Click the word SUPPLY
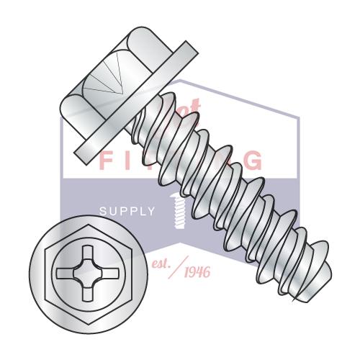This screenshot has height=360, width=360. coord(127,211)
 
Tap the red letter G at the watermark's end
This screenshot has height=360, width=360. coord(253,160)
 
